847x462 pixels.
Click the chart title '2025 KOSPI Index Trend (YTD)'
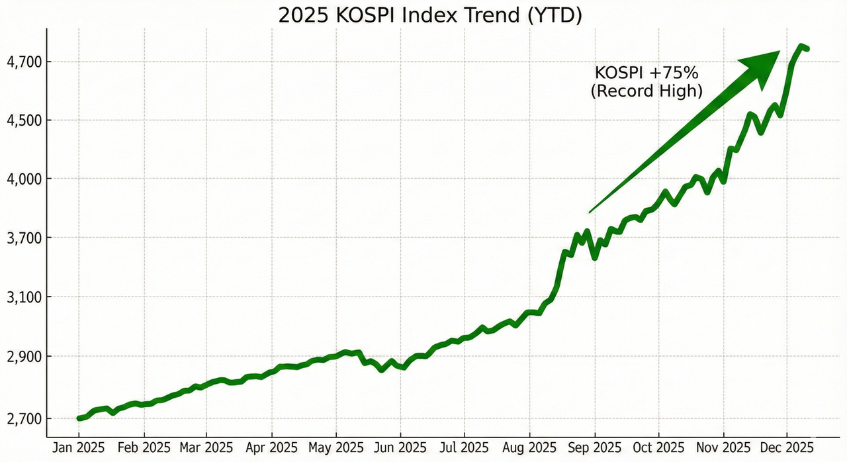tap(429, 15)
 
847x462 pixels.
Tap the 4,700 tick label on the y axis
tap(24, 62)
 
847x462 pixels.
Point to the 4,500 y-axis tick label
tap(24, 120)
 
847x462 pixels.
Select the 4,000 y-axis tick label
tap(24, 179)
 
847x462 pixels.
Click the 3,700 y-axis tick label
tap(24, 238)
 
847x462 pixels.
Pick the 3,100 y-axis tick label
tap(24, 298)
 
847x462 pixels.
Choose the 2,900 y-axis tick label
tap(24, 357)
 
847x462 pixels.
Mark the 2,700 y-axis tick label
tap(24, 419)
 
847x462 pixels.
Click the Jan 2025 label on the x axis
tap(79, 448)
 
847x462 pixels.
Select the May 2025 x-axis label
tap(336, 448)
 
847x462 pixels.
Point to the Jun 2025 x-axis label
tap(400, 448)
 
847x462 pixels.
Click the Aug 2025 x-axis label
tap(529, 448)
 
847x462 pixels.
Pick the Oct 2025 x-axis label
tap(658, 448)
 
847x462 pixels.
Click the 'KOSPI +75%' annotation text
tap(646, 73)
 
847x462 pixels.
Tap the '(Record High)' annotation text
tap(646, 91)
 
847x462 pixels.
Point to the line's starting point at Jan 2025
tap(79, 418)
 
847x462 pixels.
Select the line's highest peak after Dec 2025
tap(801, 46)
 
